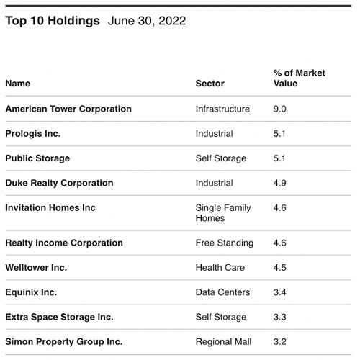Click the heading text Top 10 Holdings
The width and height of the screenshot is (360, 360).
(53, 21)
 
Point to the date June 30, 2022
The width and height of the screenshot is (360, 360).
(147, 21)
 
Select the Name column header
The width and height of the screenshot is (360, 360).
(18, 84)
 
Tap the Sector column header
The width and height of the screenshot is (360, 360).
(210, 84)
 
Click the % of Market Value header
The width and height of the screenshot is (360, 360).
(300, 78)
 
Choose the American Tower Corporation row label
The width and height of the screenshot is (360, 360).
(68, 109)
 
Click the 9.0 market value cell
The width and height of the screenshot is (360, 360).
(279, 109)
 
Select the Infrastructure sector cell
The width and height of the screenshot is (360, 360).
(222, 109)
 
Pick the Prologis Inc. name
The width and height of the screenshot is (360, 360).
(33, 134)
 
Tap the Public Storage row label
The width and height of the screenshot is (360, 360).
(37, 158)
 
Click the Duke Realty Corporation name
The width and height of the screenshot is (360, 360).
(59, 184)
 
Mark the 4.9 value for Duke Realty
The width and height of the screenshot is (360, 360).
(279, 184)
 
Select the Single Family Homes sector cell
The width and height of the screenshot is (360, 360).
(223, 213)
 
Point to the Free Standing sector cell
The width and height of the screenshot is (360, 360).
(225, 243)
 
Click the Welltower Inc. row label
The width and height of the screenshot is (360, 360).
(36, 268)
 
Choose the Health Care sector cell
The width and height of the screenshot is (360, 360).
(220, 268)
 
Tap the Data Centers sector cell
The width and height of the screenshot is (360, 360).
(222, 292)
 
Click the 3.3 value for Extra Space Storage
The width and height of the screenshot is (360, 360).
(279, 317)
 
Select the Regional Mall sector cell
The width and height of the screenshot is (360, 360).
(223, 342)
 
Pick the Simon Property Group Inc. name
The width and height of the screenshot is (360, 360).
(64, 342)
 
